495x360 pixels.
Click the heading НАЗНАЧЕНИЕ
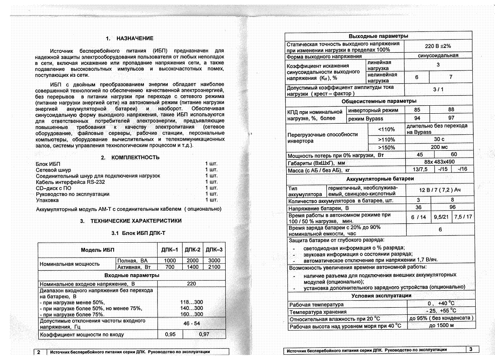(135, 39)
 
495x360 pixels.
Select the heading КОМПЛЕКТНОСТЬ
(135, 158)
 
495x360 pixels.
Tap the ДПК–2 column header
(193, 250)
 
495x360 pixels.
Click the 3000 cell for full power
(214, 261)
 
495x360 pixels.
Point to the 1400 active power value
(193, 267)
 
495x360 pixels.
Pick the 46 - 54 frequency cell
(191, 323)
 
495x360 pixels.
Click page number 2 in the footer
(39, 352)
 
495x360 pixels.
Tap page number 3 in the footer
(471, 349)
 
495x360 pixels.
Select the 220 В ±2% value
(438, 46)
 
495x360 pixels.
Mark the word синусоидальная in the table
(438, 56)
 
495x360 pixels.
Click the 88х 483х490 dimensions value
(439, 162)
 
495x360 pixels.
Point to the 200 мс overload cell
(439, 148)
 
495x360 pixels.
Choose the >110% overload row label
(387, 139)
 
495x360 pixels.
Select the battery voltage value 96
(452, 207)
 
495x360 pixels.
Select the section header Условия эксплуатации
(381, 295)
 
